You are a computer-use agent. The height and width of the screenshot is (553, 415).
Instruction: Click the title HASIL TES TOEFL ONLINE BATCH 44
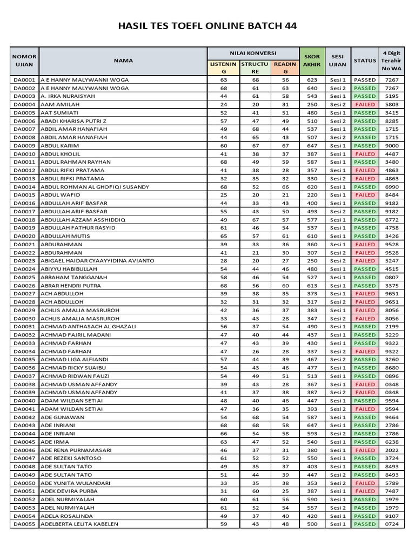click(x=207, y=26)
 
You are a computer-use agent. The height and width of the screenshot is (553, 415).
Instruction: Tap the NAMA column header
click(x=123, y=60)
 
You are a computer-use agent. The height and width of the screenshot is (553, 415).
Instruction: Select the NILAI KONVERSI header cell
click(x=253, y=53)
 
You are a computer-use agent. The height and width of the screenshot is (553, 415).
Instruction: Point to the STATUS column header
click(x=365, y=60)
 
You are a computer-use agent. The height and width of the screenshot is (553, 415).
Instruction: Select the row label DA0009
click(x=24, y=146)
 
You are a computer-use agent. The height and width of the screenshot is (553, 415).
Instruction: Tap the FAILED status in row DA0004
click(x=365, y=104)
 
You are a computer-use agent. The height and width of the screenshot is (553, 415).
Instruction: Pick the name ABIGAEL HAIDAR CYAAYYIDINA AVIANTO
click(x=97, y=261)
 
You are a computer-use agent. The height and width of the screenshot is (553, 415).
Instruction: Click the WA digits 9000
click(x=391, y=146)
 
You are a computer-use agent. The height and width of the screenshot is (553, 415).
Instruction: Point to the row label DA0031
click(x=24, y=327)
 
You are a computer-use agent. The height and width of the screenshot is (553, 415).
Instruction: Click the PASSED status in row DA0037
click(x=365, y=376)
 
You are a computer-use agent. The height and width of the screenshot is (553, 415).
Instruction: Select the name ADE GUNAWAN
click(x=63, y=417)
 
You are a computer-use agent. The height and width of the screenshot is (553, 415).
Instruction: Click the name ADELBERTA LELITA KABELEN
click(x=79, y=524)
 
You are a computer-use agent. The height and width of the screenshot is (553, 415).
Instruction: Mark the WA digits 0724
click(x=391, y=524)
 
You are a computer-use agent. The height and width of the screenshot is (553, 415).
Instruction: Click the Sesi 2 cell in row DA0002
click(x=338, y=88)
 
